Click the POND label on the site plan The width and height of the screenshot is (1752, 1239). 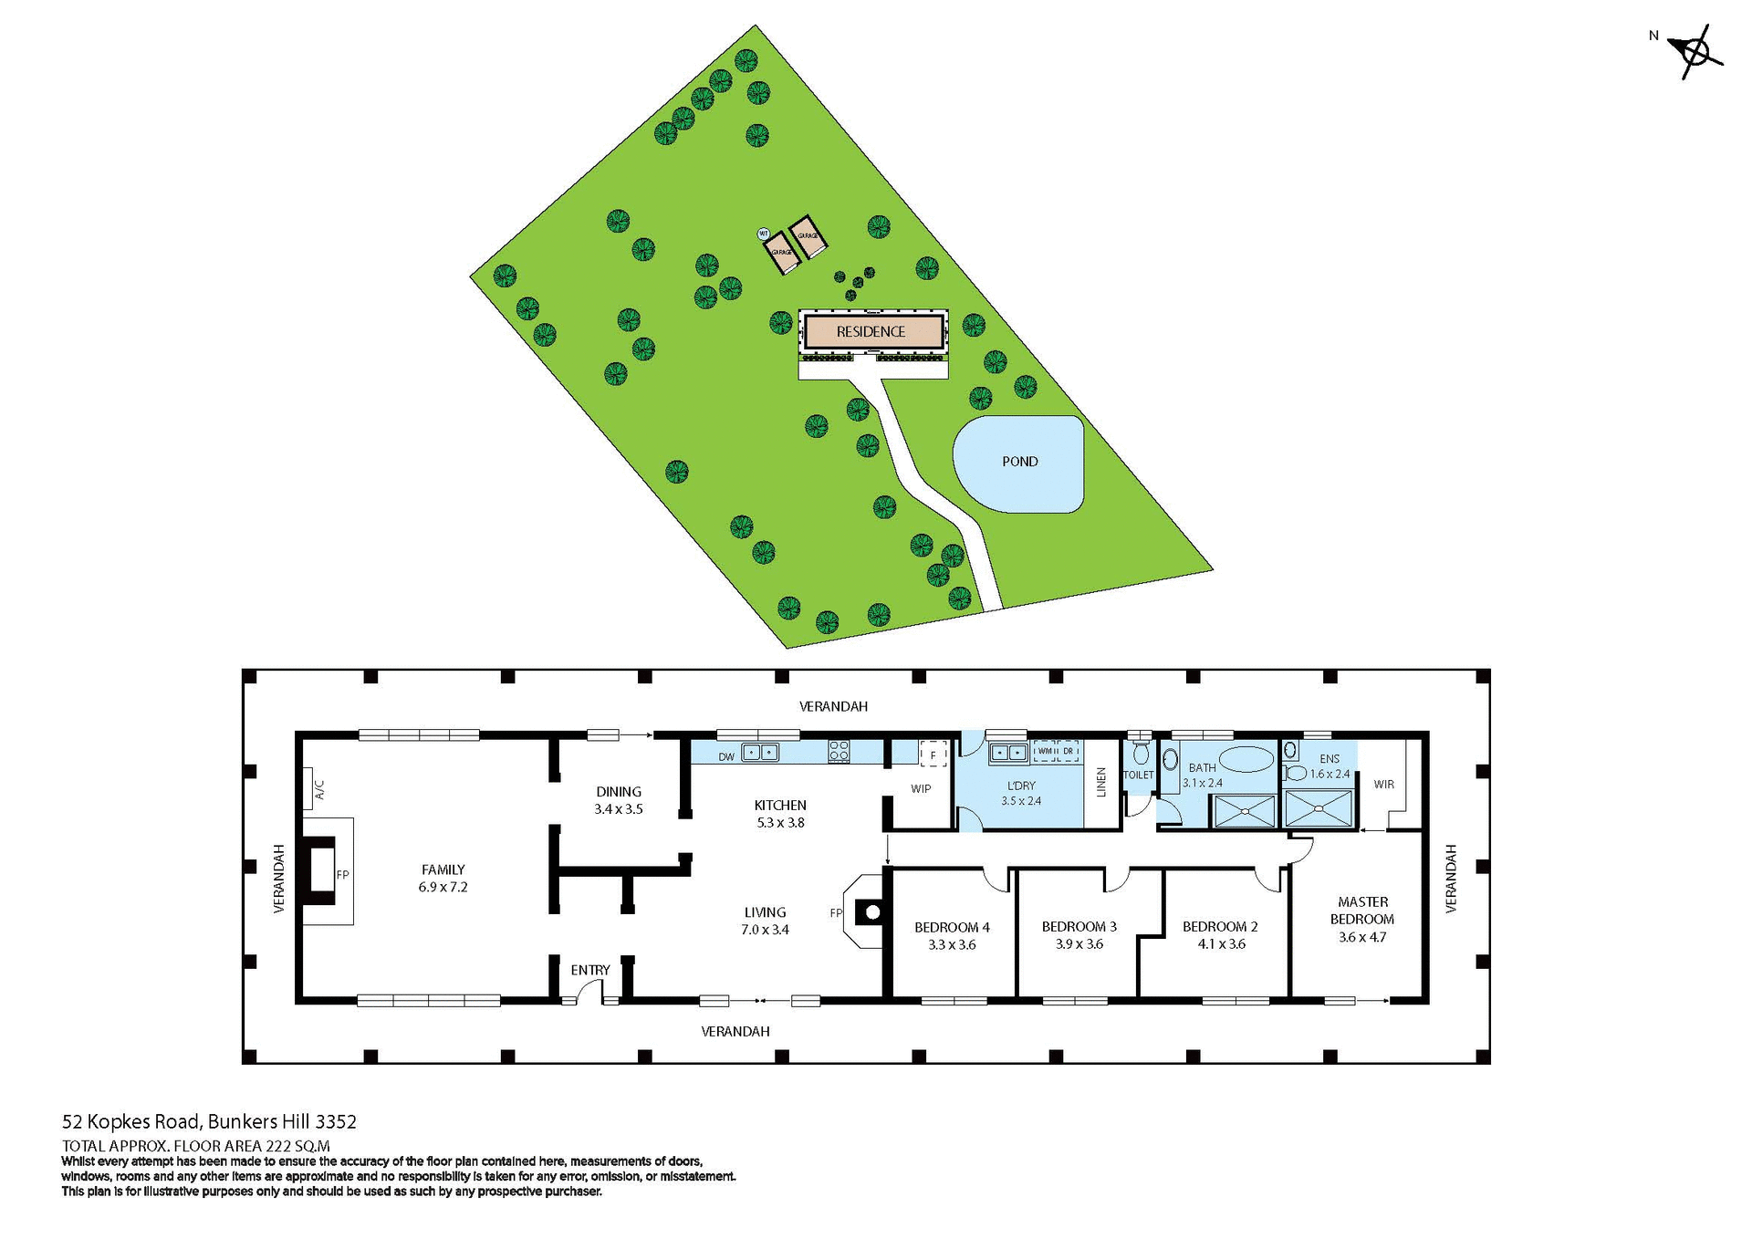coord(1019,462)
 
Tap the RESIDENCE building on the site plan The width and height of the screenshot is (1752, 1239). coord(871,332)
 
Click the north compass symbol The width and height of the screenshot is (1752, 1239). coord(1696,52)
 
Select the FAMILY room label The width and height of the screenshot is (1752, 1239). coord(443,878)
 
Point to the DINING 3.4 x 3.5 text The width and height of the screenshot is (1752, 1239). coord(619,800)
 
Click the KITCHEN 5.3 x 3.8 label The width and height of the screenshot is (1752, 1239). coord(780,814)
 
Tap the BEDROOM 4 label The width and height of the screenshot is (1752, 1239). coord(952,935)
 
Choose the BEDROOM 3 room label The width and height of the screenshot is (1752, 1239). coord(1079,934)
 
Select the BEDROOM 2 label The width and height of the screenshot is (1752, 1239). coord(1220,934)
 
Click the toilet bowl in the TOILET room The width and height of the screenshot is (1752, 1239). coord(1140,754)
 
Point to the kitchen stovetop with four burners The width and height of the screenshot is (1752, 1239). coord(839,752)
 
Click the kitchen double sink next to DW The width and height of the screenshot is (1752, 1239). coord(760,753)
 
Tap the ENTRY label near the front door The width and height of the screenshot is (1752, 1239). coord(590,970)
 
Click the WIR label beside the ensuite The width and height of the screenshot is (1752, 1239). coord(1383,784)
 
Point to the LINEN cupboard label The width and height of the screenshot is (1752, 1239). coord(1101,782)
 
